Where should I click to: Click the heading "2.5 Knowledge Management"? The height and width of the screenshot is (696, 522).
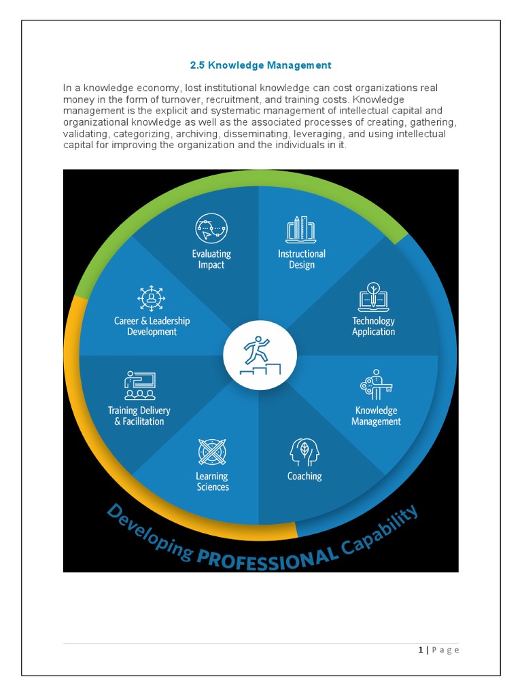click(x=260, y=65)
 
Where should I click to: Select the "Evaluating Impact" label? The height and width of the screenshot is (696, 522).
click(x=211, y=259)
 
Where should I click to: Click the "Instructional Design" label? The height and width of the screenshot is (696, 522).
click(x=301, y=259)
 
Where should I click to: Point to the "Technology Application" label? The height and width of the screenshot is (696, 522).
click(x=373, y=326)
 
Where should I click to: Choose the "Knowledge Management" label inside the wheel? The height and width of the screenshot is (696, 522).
click(x=376, y=416)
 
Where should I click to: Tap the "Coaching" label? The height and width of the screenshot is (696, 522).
click(x=304, y=476)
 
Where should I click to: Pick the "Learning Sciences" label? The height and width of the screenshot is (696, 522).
click(x=212, y=481)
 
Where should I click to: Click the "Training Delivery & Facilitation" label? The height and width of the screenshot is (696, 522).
click(x=139, y=416)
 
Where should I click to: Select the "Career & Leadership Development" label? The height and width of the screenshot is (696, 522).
click(x=152, y=326)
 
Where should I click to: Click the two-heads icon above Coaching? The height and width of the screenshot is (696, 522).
click(x=304, y=451)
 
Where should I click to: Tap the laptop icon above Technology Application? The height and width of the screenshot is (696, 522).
click(x=372, y=297)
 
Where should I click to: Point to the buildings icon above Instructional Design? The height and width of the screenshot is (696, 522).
click(x=301, y=230)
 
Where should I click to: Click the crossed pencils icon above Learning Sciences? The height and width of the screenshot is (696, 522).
click(x=211, y=452)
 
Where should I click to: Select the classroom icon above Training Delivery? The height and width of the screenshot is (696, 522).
click(x=139, y=385)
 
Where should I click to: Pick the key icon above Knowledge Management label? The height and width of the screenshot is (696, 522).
click(x=376, y=385)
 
